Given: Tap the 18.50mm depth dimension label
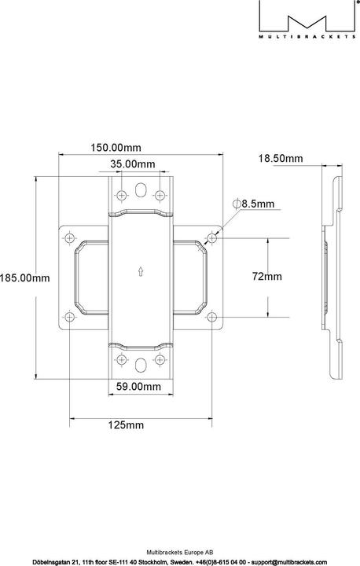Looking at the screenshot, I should [281, 159].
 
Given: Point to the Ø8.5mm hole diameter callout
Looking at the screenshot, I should [253, 204].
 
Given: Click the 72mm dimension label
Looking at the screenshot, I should [266, 277].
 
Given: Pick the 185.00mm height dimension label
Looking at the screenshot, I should [24, 277].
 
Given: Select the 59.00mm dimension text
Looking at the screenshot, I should [138, 386].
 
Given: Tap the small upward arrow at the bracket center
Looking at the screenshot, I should [140, 272].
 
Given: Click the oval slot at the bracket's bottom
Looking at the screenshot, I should [140, 363].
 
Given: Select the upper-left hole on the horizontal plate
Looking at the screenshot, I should [69, 235].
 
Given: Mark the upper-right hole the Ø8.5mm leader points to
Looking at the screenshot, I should [211, 235].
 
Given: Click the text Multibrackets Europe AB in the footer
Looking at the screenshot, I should [179, 553].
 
